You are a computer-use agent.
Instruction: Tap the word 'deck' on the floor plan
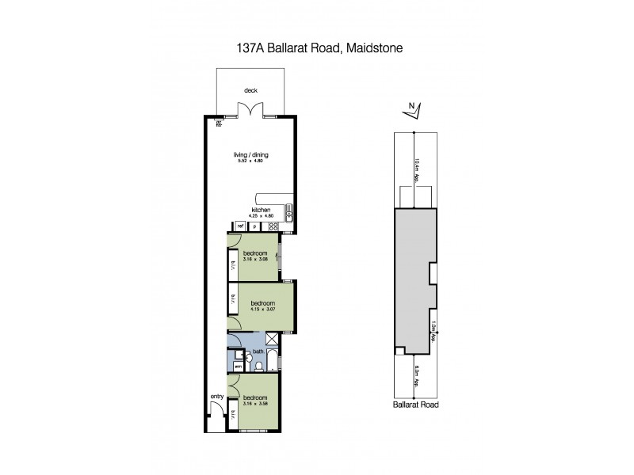tap(250, 90)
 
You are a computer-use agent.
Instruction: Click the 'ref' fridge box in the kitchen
tap(239, 226)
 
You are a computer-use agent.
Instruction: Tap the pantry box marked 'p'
tap(255, 226)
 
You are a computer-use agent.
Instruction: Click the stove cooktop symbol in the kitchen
tap(273, 226)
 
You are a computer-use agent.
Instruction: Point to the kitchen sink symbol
tap(290, 211)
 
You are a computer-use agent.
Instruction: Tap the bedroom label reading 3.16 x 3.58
tap(254, 401)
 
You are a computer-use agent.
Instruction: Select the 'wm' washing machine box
tap(237, 367)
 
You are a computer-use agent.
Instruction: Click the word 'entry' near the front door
tap(216, 397)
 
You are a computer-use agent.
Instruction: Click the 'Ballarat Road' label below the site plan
tap(416, 404)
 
